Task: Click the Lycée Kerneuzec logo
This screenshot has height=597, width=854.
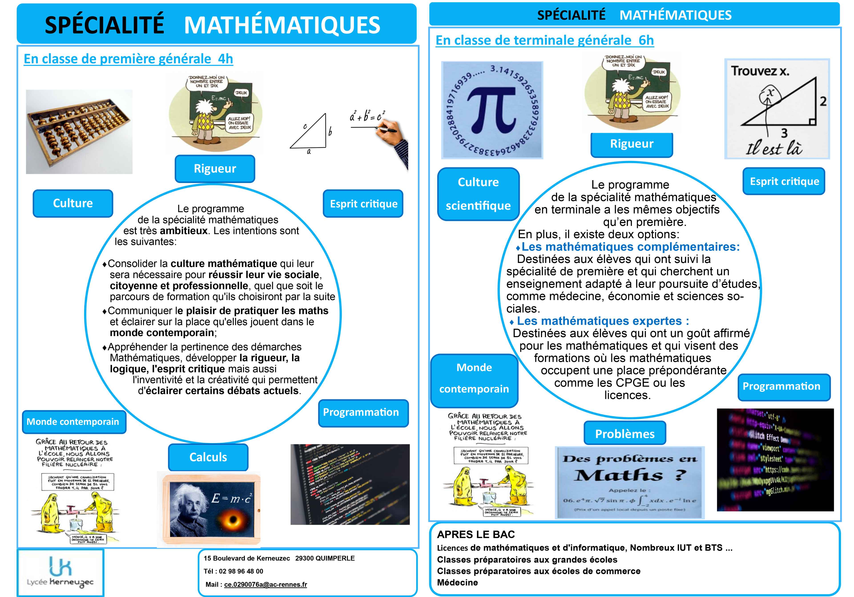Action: coord(60,572)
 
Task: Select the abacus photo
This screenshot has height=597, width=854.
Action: coord(79,132)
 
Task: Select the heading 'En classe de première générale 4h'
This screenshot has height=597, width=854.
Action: coord(128,59)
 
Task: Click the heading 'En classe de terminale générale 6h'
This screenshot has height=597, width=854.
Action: coord(545,40)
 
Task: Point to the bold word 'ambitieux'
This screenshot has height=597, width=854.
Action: coord(183,231)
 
